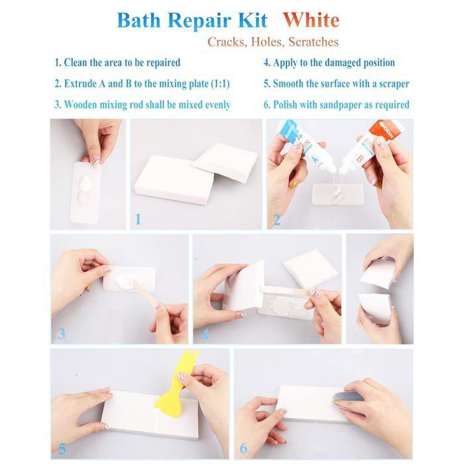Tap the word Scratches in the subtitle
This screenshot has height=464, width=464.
[x=312, y=42]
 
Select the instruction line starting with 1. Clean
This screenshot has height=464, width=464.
[x=117, y=63]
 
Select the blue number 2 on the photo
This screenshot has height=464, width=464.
[x=276, y=219]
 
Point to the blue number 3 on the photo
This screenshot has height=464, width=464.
[x=61, y=333]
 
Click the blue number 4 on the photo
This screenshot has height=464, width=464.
[x=205, y=333]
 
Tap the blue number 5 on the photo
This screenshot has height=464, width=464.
[x=62, y=448]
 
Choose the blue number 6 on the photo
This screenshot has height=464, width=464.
[x=243, y=448]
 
